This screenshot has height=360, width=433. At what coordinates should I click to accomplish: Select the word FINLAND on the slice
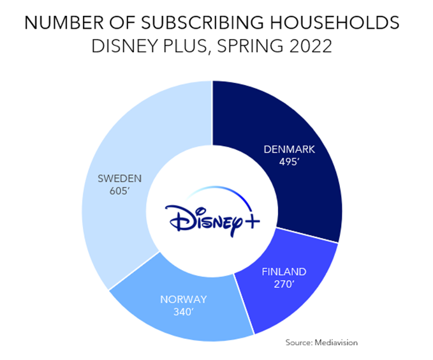click(284, 271)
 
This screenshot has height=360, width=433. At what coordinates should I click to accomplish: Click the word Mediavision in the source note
click(335, 343)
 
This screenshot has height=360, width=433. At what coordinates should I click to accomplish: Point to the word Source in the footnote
click(298, 343)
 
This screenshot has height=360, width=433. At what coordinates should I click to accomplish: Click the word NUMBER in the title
click(57, 24)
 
